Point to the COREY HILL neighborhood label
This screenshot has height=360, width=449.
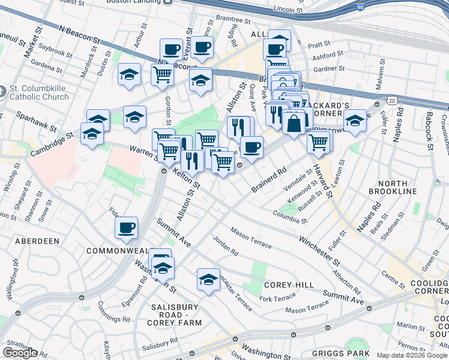[285, 285]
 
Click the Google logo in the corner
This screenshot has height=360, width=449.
[20, 353]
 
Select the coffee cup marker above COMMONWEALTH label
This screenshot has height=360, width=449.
[127, 227]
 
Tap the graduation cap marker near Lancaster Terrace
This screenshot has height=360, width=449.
[208, 280]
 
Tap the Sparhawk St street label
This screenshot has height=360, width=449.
[36, 122]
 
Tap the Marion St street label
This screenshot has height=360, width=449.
[411, 326]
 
